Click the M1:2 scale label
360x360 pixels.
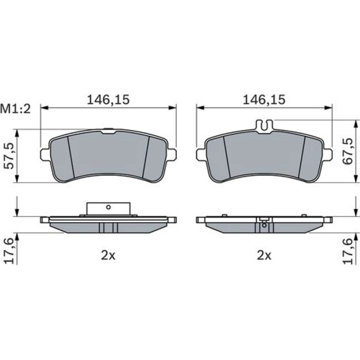[15, 109]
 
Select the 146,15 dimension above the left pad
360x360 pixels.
[108, 100]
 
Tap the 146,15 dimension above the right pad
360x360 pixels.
[264, 100]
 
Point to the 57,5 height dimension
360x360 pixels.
[10, 156]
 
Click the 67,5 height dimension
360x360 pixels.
[347, 151]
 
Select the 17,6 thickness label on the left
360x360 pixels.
[10, 251]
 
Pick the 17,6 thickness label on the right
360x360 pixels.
[347, 251]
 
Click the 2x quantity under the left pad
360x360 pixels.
[108, 255]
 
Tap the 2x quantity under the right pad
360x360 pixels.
[264, 255]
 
